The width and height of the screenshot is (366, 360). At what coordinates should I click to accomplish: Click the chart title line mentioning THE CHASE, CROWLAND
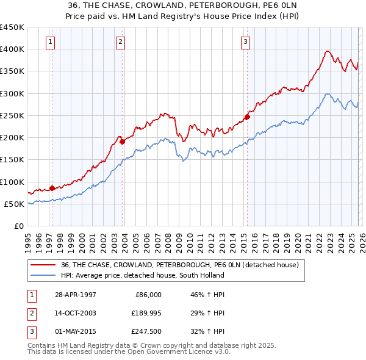[182, 4]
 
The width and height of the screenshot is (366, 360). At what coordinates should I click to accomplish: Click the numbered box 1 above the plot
[49, 42]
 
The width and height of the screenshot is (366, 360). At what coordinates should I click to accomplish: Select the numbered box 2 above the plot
[120, 42]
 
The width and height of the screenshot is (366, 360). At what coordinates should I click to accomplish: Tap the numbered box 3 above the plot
[245, 42]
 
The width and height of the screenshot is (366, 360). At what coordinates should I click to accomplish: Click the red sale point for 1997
[52, 188]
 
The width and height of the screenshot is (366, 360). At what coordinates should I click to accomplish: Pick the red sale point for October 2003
[122, 142]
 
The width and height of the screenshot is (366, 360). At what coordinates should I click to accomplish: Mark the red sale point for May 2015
[247, 117]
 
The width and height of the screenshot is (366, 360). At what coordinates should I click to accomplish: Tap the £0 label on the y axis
[18, 226]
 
